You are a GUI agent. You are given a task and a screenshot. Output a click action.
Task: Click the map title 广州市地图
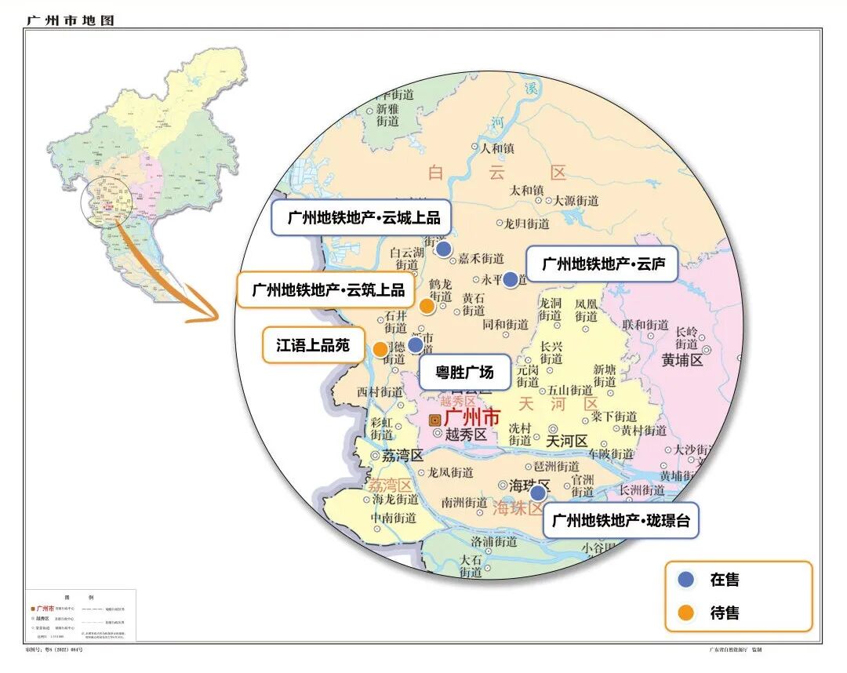70,20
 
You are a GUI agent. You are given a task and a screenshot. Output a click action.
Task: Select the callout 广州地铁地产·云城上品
364,218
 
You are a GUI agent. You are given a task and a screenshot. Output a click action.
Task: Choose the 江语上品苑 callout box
312,345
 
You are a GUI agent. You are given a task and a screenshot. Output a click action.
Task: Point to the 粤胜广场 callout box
464,372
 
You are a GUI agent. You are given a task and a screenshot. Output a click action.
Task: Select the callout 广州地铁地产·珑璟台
620,520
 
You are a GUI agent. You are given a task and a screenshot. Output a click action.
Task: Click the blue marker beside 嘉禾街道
443,249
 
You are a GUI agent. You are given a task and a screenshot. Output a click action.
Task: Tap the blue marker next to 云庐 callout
511,279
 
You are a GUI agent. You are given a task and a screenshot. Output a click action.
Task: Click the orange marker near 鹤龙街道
427,306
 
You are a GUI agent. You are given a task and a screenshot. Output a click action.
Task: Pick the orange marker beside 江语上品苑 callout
380,349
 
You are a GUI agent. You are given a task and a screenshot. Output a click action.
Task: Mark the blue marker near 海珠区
538,493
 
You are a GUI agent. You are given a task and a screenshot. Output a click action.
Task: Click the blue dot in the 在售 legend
686,580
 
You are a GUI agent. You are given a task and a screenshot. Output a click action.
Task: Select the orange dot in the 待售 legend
686,613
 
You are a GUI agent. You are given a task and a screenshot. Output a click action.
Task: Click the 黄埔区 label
683,360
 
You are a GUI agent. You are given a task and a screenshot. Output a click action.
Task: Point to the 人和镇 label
497,147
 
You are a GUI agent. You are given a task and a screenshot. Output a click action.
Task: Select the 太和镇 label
526,191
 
